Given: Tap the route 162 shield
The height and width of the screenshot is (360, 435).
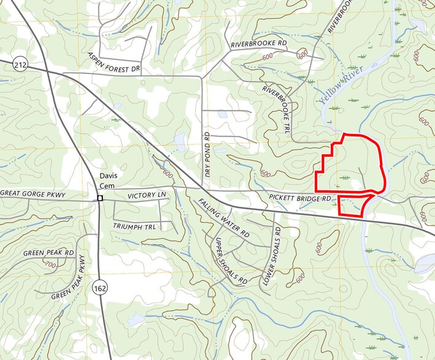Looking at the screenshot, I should pyautogui.click(x=99, y=287).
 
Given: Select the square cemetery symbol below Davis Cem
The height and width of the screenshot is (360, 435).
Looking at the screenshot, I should pyautogui.click(x=99, y=198).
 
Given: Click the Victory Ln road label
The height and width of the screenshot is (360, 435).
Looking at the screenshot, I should pyautogui.click(x=147, y=195).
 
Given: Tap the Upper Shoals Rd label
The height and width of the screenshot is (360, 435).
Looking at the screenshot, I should pyautogui.click(x=230, y=260).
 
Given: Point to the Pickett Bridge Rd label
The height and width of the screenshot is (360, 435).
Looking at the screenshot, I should pyautogui.click(x=300, y=198).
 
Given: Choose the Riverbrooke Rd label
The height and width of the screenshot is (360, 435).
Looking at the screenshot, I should pyautogui.click(x=259, y=45).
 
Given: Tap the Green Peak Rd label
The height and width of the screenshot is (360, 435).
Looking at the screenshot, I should pyautogui.click(x=48, y=253).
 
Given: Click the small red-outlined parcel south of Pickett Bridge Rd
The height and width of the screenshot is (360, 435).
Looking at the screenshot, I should pyautogui.click(x=352, y=206).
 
